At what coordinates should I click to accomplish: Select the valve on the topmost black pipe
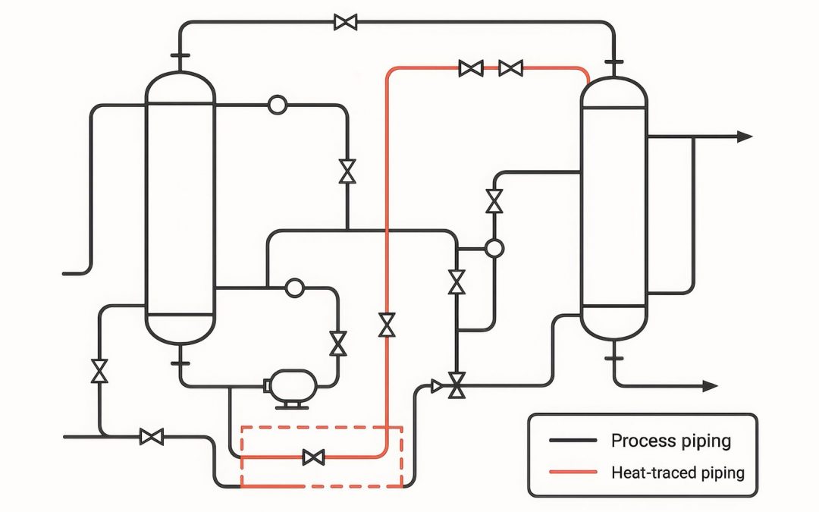click(x=345, y=22)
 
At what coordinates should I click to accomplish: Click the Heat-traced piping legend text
click(x=677, y=473)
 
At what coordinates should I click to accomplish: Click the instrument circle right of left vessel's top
click(x=278, y=105)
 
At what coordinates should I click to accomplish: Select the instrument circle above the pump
click(x=293, y=287)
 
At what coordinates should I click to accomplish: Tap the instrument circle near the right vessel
click(x=494, y=248)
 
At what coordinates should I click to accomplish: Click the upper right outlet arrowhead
click(x=745, y=137)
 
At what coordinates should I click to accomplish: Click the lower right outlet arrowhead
click(x=710, y=386)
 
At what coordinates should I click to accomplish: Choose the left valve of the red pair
click(x=471, y=69)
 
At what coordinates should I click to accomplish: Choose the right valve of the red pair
click(x=510, y=69)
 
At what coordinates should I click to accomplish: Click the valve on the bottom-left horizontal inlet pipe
click(x=152, y=436)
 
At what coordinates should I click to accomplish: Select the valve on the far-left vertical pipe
click(x=99, y=371)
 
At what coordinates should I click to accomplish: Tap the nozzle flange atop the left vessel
click(x=180, y=55)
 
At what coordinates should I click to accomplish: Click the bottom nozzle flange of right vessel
click(x=613, y=356)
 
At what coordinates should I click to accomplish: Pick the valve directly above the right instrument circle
click(x=494, y=202)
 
